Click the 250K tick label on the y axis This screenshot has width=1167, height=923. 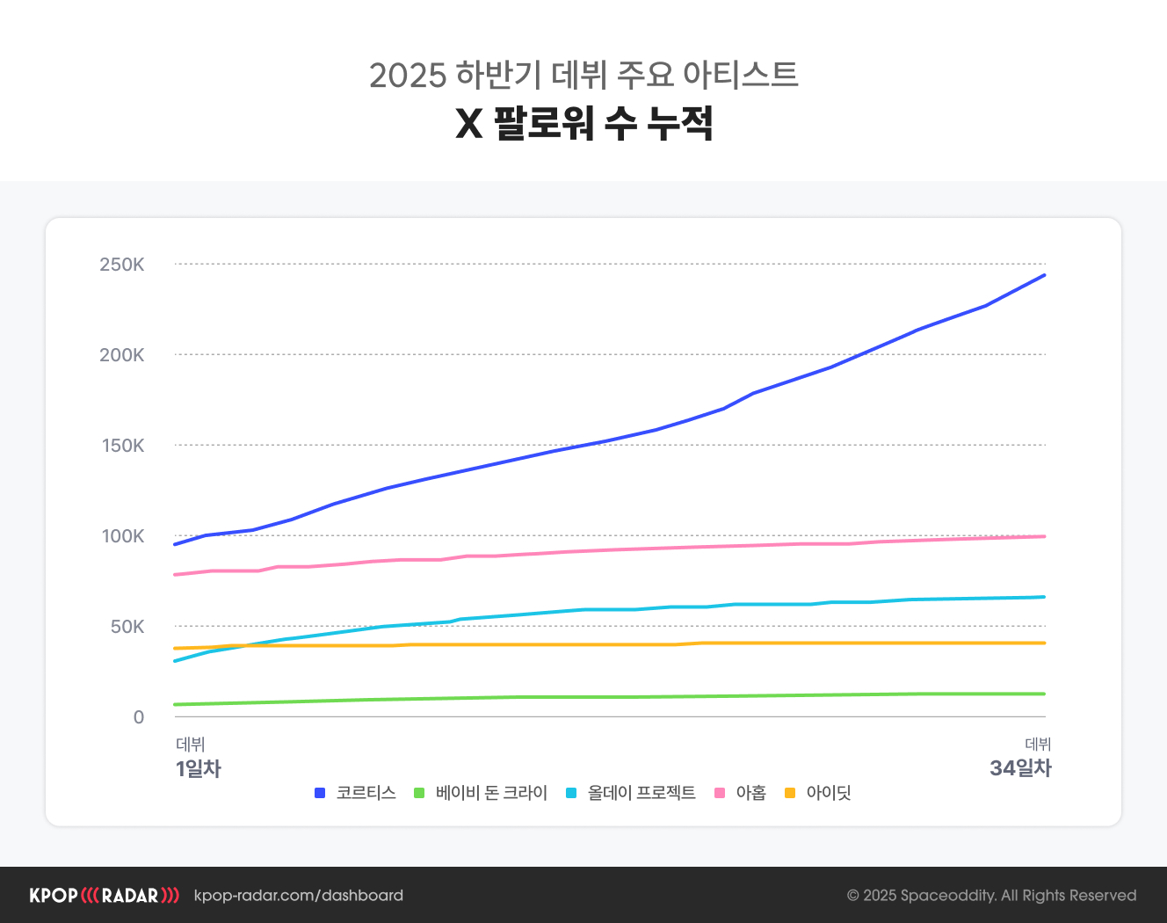pos(121,265)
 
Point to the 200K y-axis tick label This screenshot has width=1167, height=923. pos(121,355)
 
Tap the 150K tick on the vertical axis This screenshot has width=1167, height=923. pos(122,446)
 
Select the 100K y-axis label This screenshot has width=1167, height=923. pos(122,536)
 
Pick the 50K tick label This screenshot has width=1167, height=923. pos(127,627)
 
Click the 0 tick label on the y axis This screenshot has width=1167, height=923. pos(139,717)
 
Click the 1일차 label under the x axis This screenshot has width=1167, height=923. pos(198,768)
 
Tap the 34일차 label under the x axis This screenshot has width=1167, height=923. pos(1020,768)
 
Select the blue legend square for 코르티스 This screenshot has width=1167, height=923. pos(320,793)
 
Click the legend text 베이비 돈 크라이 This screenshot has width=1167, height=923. pos(491,793)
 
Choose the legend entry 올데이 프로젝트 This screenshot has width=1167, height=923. pos(641,793)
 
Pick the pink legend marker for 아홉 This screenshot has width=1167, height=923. pos(720,793)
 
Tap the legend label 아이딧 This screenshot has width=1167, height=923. pos(829,793)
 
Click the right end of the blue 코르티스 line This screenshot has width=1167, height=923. pos(1044,275)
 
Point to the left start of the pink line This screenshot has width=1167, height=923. pos(176,575)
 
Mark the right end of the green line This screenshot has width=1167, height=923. pos(1044,694)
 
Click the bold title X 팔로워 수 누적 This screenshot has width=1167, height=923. pos(583,123)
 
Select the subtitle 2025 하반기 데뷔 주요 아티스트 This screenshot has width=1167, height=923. pos(583,75)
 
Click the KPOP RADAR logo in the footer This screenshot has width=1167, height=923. pos(104,896)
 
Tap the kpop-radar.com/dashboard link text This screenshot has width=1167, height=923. pos(298,896)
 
